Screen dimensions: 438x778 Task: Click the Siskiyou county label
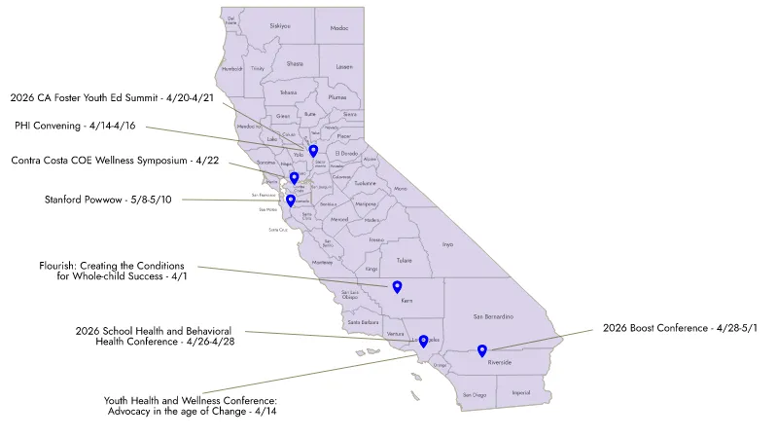(x=279, y=25)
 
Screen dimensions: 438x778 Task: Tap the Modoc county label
(x=338, y=28)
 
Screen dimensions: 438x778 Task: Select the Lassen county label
(x=344, y=66)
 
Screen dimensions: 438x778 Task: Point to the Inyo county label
(x=446, y=244)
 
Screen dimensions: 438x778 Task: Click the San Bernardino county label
(x=493, y=316)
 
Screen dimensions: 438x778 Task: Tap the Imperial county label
(x=520, y=393)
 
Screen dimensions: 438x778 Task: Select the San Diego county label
(x=474, y=394)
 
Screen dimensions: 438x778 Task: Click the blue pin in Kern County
(x=397, y=286)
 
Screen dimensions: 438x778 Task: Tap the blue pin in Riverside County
(x=482, y=350)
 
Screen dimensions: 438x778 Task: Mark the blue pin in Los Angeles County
(x=423, y=341)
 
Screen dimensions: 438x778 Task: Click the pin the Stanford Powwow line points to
(x=291, y=201)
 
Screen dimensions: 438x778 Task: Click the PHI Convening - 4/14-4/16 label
(x=75, y=126)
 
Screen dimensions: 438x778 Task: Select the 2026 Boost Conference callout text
(x=680, y=328)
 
